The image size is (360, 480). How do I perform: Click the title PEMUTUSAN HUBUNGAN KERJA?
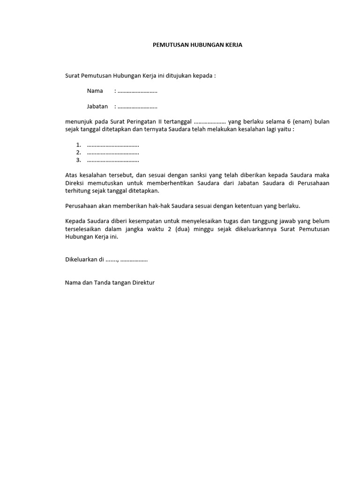click(198, 45)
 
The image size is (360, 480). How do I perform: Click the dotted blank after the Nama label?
click(137, 91)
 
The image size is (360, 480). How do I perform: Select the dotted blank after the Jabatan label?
click(137, 106)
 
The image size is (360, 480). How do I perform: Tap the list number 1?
click(78, 145)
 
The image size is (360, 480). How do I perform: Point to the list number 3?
click(78, 160)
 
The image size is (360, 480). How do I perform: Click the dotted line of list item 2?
click(113, 153)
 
